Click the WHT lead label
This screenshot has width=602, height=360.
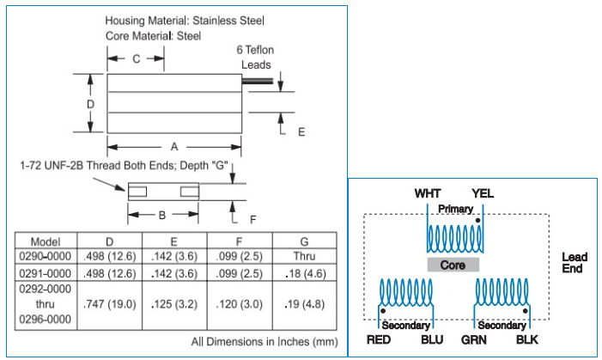428,192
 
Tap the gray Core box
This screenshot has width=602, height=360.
453,265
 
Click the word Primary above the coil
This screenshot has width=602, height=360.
455,209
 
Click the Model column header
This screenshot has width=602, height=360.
45,241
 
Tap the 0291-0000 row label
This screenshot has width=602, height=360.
45,273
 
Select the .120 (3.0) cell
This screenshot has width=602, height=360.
240,304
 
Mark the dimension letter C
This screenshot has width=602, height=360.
136,59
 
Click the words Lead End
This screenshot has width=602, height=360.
574,263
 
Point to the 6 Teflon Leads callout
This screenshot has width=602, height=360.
253,58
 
